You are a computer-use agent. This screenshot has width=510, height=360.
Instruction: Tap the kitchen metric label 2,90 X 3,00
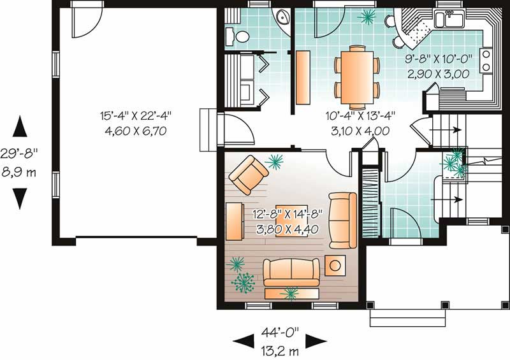coord(439,74)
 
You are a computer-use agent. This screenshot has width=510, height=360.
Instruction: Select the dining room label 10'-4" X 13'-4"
coord(356,116)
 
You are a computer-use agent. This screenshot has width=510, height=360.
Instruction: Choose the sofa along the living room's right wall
coord(343,220)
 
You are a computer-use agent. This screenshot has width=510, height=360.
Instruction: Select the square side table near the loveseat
coord(335,263)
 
